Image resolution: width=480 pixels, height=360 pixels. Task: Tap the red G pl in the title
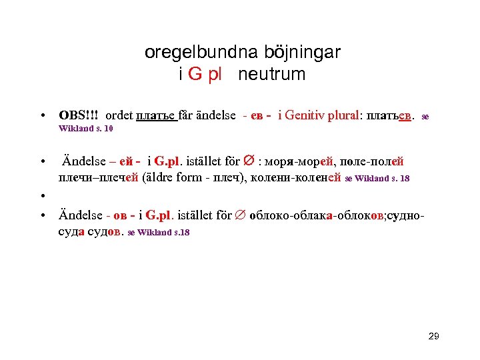click(x=205, y=75)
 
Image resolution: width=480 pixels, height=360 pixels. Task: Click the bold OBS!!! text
click(x=79, y=115)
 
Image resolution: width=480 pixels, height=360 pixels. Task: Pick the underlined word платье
click(x=156, y=115)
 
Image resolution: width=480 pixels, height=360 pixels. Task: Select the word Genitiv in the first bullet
click(x=314, y=115)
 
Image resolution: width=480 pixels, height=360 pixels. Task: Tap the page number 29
click(x=433, y=337)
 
